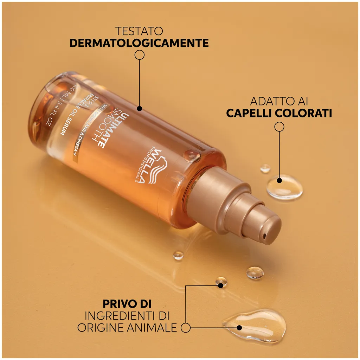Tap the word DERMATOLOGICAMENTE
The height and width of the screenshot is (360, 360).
click(x=139, y=43)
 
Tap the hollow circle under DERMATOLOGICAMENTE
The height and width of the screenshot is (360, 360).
click(x=140, y=54)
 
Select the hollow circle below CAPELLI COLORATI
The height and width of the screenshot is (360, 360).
click(x=279, y=127)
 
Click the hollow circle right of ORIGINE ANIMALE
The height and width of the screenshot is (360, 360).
click(x=186, y=328)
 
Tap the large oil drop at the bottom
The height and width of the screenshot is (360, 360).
click(x=254, y=325)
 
